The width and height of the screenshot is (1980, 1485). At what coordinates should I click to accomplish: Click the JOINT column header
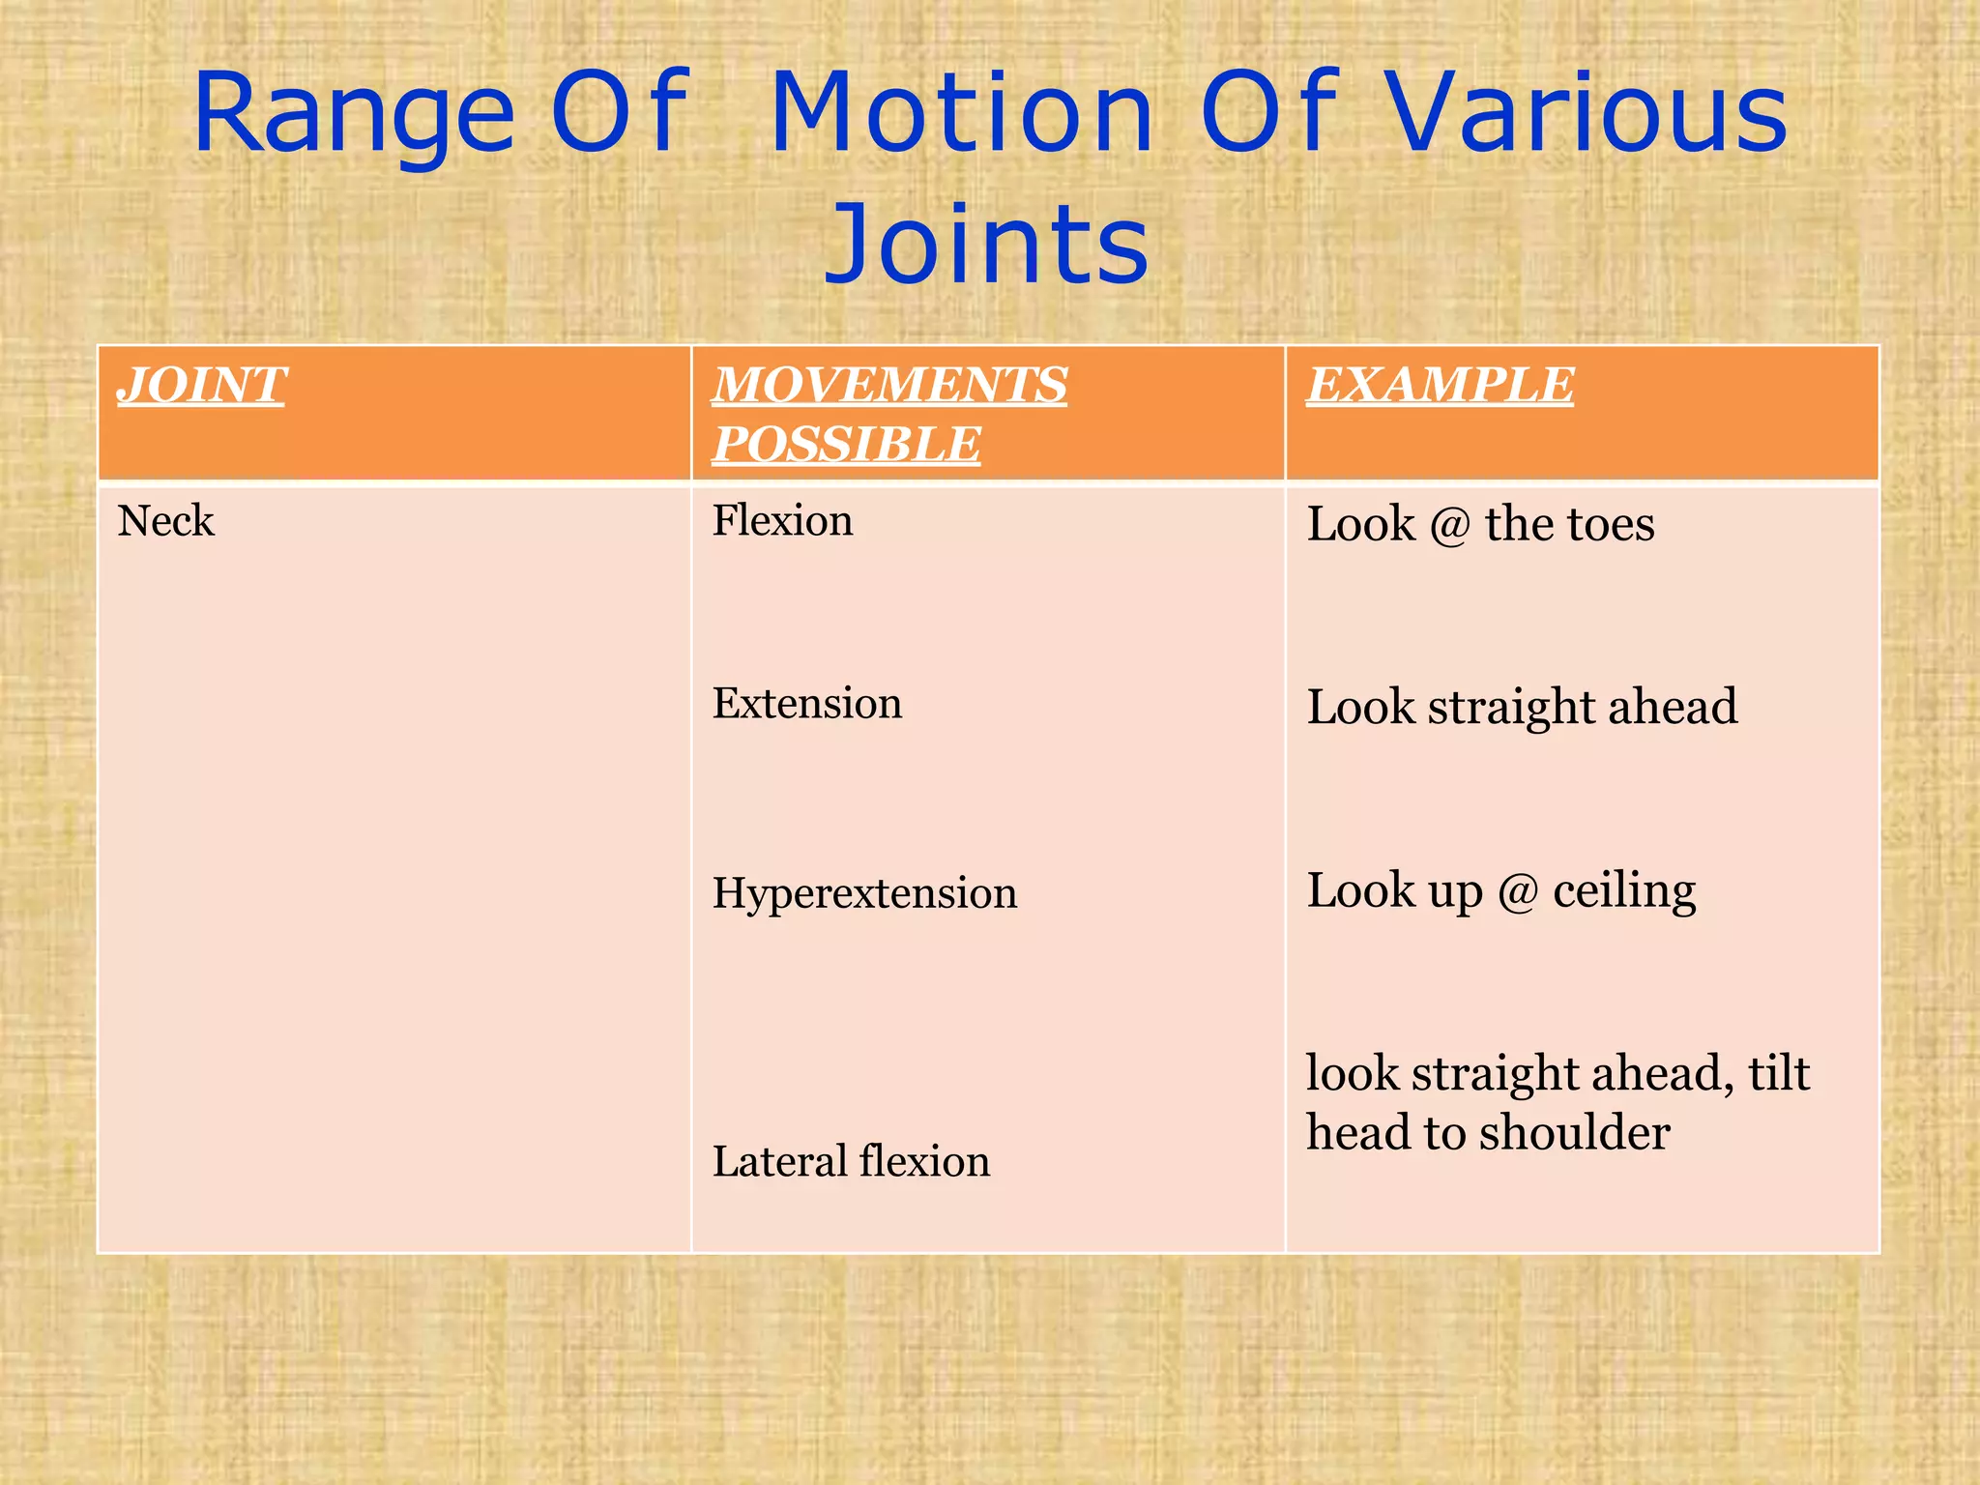click(201, 385)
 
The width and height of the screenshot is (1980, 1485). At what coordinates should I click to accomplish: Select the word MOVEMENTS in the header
click(889, 385)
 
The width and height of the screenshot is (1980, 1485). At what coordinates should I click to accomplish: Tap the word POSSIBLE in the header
click(847, 445)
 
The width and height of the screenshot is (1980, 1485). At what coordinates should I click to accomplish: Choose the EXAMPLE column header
click(1441, 385)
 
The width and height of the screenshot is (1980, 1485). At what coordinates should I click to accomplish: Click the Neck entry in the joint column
click(165, 521)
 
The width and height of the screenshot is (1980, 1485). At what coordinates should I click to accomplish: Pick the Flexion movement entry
click(782, 521)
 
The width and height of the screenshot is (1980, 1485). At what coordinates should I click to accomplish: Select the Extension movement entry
click(807, 703)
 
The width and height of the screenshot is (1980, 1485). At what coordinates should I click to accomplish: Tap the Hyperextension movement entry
click(864, 892)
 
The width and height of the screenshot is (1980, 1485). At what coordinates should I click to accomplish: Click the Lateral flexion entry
click(851, 1161)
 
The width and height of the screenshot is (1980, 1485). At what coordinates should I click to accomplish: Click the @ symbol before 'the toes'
click(1449, 526)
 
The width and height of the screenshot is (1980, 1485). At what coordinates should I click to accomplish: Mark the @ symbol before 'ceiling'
click(1518, 891)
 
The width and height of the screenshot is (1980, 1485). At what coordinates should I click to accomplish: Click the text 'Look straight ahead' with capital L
click(1522, 707)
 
